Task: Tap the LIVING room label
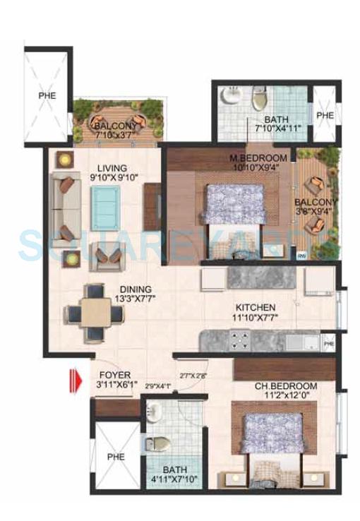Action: tap(113, 168)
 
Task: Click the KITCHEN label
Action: tap(256, 307)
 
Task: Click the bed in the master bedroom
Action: tap(234, 205)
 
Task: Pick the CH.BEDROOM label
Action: tap(285, 387)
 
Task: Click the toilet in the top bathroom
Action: tap(258, 97)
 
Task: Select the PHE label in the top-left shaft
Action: tap(48, 94)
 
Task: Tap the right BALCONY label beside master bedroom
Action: tap(317, 201)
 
